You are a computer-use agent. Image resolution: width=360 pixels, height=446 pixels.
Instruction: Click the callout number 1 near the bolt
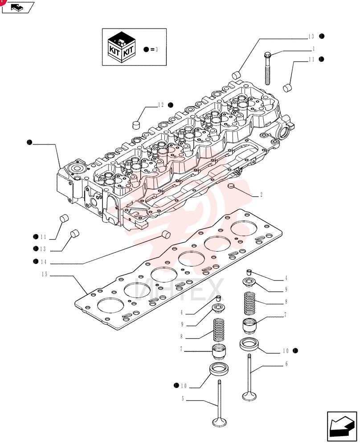(313, 49)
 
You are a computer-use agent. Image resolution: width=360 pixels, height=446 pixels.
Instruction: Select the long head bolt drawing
(267, 68)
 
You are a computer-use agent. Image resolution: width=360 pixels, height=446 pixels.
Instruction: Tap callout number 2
(261, 194)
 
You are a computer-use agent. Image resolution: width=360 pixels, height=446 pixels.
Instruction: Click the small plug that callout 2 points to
(232, 186)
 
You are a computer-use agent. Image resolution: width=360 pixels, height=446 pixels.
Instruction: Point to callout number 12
(161, 105)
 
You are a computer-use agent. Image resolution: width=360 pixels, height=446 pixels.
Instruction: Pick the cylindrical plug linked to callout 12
(137, 124)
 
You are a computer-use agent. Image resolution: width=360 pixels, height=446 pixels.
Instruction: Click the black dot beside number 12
(171, 105)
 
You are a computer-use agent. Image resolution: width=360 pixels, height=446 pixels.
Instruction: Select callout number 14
(44, 262)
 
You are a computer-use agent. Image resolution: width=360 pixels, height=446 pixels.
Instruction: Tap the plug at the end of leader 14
(166, 235)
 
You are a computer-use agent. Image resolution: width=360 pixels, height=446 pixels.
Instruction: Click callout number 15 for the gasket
(44, 274)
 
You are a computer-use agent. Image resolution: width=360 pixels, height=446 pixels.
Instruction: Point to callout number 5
(183, 399)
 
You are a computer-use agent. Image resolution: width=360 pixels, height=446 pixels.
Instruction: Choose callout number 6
(286, 364)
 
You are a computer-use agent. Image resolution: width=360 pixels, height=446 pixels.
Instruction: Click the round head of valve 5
(219, 422)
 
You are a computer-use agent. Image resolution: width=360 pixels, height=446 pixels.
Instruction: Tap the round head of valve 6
(250, 396)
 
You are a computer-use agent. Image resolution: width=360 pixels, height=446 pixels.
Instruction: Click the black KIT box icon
(122, 47)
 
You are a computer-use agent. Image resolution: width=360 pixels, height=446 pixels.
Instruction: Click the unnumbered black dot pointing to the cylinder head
(29, 142)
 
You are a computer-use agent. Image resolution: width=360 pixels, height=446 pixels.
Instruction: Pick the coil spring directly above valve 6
(250, 303)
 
